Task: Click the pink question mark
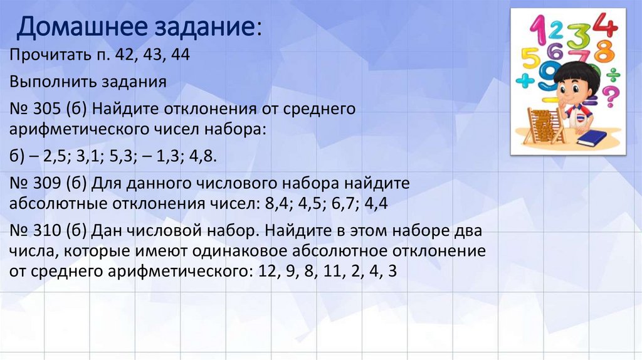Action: (609, 97)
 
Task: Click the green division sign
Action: (613, 74)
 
